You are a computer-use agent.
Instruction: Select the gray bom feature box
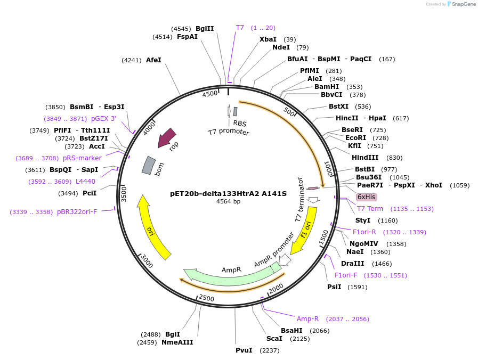point(149,165)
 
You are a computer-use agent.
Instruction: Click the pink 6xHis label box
point(367,197)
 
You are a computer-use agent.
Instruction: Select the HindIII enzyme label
point(365,158)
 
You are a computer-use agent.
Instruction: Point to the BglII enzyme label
point(205,29)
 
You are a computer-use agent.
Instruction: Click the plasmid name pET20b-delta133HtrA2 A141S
point(228,194)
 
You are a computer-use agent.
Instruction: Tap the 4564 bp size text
point(228,201)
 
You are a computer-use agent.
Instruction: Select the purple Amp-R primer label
point(307,319)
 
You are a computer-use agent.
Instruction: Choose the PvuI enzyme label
point(244,350)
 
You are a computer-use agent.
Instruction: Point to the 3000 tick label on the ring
point(147,261)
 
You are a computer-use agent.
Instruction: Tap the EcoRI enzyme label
point(355,138)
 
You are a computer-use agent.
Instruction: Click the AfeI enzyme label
point(153,60)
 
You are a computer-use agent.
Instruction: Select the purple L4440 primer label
point(85,182)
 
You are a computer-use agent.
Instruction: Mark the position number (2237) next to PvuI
point(269,350)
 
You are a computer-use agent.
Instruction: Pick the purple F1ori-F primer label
point(346,275)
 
